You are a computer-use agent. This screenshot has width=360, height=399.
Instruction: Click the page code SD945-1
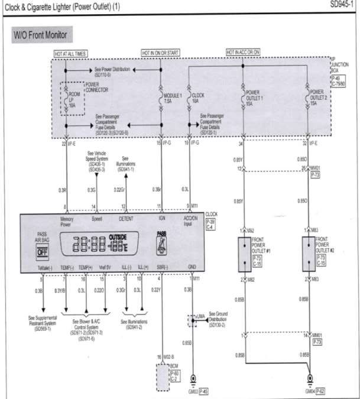(345, 5)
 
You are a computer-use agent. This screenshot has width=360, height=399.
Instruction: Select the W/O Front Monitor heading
(41, 35)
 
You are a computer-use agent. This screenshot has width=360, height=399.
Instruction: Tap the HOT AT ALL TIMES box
(70, 53)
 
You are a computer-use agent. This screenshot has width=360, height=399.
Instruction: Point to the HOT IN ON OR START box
(161, 53)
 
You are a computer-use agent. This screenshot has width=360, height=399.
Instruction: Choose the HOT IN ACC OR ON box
(244, 53)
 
